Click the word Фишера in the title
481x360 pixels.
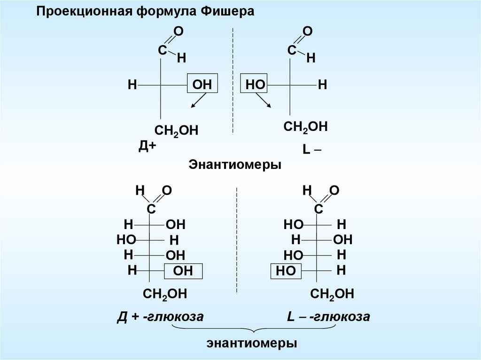[x=227, y=12]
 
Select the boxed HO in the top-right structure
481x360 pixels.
[x=254, y=85]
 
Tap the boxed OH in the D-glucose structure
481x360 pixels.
[x=184, y=271]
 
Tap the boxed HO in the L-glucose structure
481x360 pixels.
[x=286, y=271]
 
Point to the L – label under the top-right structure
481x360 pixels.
[x=312, y=150]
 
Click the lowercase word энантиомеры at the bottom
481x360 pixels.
[x=252, y=343]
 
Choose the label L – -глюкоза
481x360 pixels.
[x=329, y=317]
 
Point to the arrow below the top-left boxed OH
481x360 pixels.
[x=198, y=101]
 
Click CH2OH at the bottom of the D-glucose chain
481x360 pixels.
[x=165, y=295]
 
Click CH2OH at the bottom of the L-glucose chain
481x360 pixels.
[x=332, y=295]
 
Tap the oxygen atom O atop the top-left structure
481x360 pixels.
[x=178, y=31]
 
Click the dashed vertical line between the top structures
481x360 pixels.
[x=233, y=80]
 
